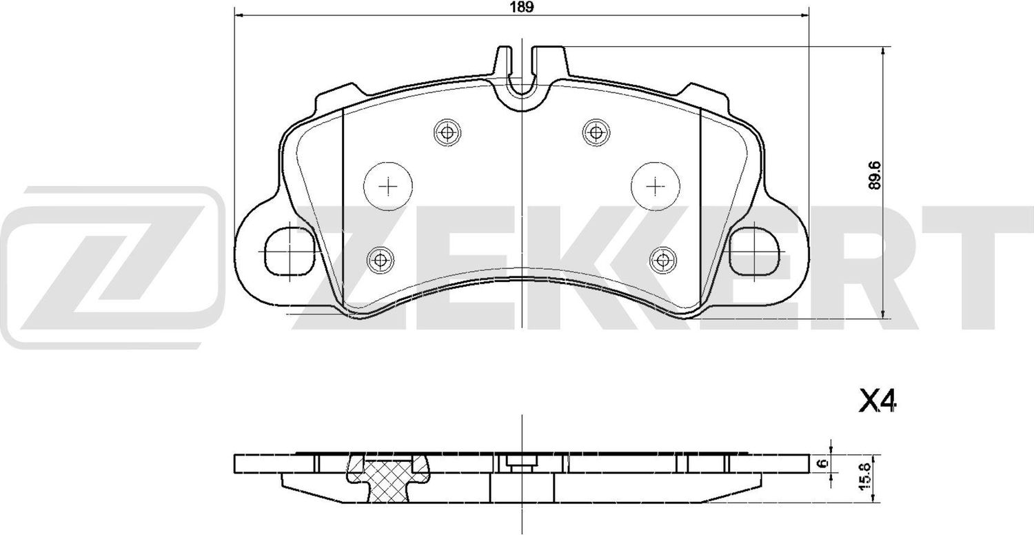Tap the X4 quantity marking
tap(877, 401)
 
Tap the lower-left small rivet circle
tap(379, 260)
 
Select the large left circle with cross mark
tap(389, 186)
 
